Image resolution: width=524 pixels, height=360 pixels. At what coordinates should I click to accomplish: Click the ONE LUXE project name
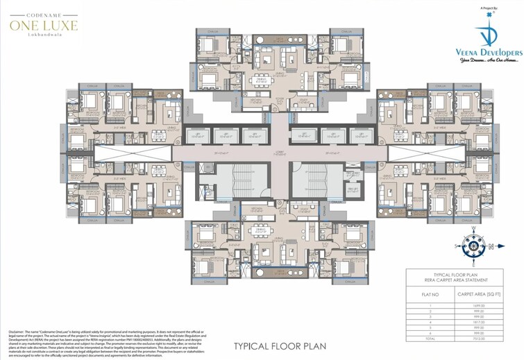coord(43,25)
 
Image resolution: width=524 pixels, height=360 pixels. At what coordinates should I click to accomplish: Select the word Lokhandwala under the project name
coord(43,36)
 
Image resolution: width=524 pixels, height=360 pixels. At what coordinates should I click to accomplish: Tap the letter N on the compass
coord(492,246)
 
